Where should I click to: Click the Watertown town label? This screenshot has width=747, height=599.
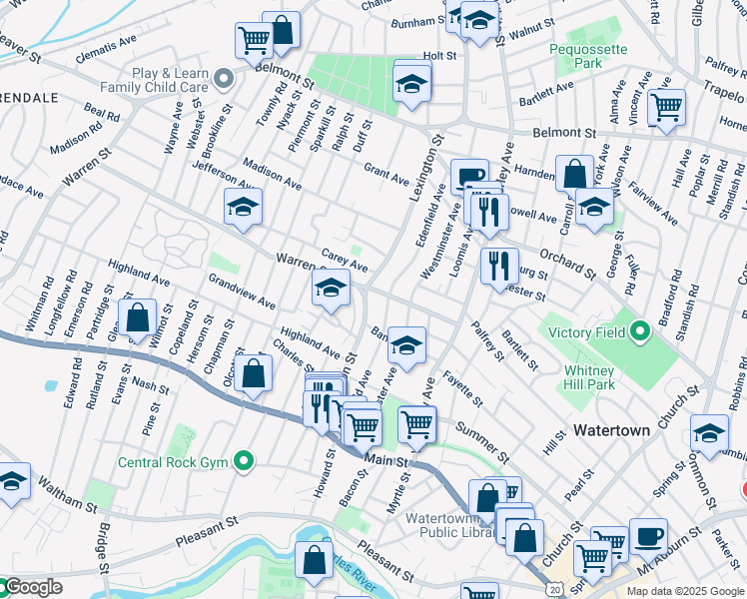point(611,430)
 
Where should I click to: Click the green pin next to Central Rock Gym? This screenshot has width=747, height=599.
point(244,461)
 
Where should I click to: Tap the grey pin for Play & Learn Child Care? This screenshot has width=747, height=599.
point(227,77)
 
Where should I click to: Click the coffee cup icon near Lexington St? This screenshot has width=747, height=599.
point(469,178)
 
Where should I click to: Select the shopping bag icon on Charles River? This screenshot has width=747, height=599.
point(315,561)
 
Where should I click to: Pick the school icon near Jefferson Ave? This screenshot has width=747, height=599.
point(243,208)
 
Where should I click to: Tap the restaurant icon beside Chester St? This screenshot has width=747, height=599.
point(499,267)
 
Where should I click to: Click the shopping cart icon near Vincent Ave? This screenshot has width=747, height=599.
point(666,107)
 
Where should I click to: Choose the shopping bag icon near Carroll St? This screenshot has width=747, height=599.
point(574,175)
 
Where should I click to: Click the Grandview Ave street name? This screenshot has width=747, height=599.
point(242,290)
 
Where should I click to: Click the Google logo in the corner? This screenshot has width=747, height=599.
point(32,587)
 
